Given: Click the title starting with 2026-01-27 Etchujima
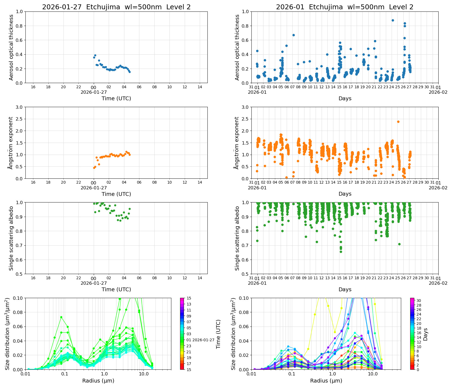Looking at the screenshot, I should point(116,7).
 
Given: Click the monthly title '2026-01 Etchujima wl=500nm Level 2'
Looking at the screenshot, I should point(345,7).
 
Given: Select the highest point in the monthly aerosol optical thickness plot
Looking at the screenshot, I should point(393,20).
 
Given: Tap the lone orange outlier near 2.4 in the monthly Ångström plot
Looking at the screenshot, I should point(398,122).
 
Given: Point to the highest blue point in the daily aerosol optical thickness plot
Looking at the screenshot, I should point(95,55).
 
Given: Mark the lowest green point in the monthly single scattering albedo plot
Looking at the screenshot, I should point(341,252).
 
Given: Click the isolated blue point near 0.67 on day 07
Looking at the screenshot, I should point(293,35).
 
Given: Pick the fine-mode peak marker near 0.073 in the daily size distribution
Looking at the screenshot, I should point(61,317).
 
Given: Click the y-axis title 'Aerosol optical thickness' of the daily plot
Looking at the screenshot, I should point(11,47).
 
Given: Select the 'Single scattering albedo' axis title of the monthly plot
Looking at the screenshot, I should point(237,238).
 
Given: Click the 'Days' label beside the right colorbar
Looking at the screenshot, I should point(425,334).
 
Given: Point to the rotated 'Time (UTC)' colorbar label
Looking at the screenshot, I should point(218,334).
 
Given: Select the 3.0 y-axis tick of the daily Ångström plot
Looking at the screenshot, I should point(19,107).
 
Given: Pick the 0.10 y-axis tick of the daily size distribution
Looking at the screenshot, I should point(18,298).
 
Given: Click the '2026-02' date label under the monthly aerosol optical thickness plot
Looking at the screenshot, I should point(438,92).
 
